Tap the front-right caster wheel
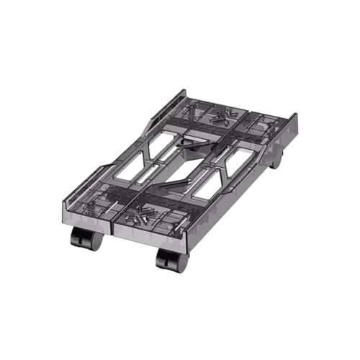[171, 260]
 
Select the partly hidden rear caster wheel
[276, 161]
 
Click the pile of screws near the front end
[140, 215]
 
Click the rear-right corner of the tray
[294, 115]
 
